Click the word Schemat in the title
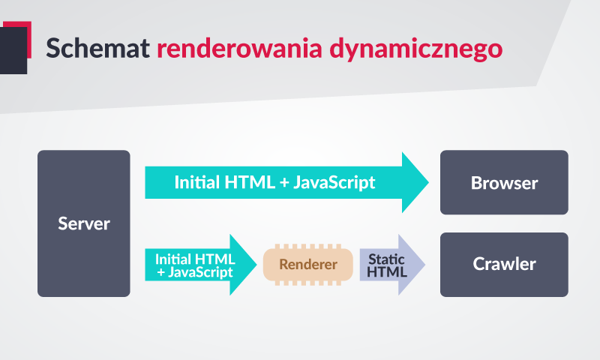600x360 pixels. tap(97, 48)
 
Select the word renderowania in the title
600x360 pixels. tap(239, 48)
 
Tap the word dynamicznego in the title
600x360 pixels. tap(416, 49)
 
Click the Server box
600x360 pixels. tap(84, 223)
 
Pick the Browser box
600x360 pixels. tap(504, 182)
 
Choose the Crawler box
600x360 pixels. tap(504, 265)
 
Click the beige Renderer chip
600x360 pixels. tap(308, 265)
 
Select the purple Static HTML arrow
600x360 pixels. tap(392, 265)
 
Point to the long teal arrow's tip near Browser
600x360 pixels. tap(428, 182)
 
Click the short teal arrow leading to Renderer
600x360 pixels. tap(200, 265)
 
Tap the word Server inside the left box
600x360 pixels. tap(84, 223)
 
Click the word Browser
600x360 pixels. tap(504, 183)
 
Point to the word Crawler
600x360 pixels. tap(504, 264)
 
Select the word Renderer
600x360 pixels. tap(308, 264)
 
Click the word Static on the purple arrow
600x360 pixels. tap(386, 259)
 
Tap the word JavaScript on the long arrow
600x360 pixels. tap(334, 182)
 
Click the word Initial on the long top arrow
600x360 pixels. tap(197, 182)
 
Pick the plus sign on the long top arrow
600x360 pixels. tap(284, 183)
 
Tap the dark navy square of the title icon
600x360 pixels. tap(13, 50)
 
